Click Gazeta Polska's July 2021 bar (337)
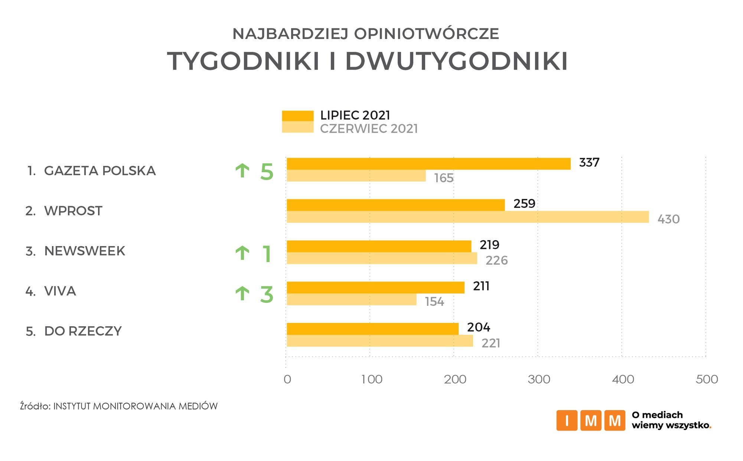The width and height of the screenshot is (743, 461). coord(428,164)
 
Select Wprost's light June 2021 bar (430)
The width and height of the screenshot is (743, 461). coord(467,217)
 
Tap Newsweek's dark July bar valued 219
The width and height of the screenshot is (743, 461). coord(379,246)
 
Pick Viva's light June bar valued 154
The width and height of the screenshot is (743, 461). coord(351,300)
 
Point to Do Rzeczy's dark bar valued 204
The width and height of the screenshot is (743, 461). coord(372,329)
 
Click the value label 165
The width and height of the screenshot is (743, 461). coord(444,178)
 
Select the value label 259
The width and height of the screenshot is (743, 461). coord(524,204)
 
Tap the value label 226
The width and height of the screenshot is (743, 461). coord(496,261)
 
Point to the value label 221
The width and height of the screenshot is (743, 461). coord(491,343)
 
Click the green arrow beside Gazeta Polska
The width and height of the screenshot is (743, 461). coord(242,171)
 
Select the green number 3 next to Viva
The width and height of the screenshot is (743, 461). coord(267,295)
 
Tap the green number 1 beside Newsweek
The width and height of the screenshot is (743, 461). coord(267,254)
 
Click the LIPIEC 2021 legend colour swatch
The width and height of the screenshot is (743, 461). coord(297,115)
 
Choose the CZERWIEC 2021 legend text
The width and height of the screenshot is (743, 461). coord(369,129)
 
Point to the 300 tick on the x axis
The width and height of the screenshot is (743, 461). coord(539,379)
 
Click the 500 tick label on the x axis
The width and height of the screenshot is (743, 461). coord(707,379)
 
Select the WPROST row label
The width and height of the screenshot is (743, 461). coord(73,211)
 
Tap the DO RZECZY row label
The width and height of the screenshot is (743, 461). coord(83,331)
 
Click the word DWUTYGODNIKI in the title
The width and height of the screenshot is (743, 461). coord(456,61)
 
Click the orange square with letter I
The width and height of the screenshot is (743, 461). coord(567,421)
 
